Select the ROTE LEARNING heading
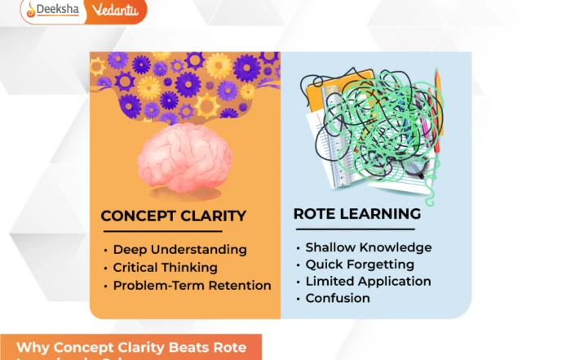[x=357, y=214]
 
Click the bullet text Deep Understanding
[x=179, y=250]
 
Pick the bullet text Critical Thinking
[x=165, y=268]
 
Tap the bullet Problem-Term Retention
[x=192, y=286]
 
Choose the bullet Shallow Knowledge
[x=368, y=247]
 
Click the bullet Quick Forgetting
[x=360, y=264]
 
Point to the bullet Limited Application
[x=368, y=281]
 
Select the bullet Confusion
[x=338, y=298]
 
